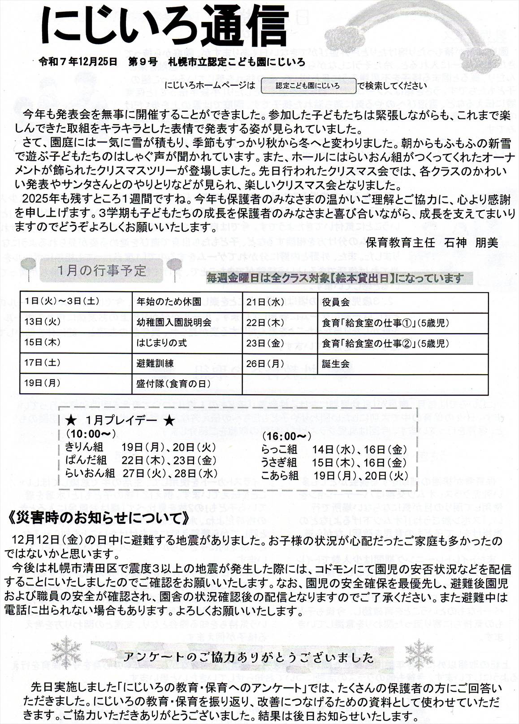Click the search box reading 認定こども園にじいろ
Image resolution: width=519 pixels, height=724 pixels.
307,85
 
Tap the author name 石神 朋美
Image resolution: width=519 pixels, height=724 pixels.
471,243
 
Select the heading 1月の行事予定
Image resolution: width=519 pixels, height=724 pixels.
102,270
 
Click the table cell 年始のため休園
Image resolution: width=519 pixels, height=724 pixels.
169,302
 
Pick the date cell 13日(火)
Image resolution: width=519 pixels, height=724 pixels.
43,322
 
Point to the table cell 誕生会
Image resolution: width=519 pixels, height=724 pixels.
336,364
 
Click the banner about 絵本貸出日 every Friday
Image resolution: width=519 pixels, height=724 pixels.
335,278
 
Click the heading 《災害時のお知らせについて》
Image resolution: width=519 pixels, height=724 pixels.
99,519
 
